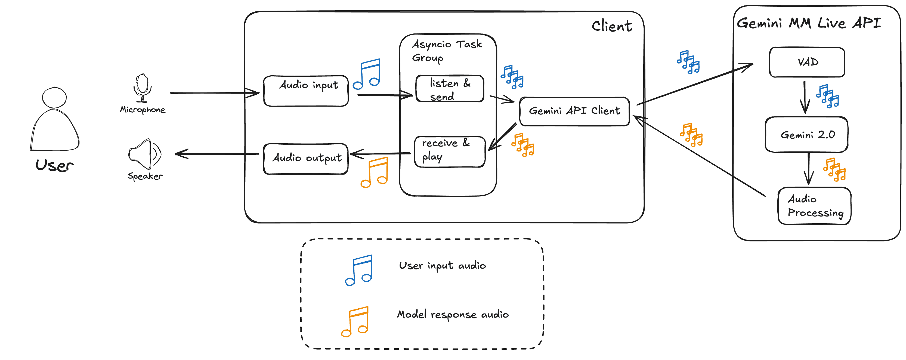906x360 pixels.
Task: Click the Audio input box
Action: pyautogui.click(x=306, y=91)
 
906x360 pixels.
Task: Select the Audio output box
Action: pyautogui.click(x=306, y=159)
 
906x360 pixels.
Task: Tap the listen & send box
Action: pyautogui.click(x=450, y=89)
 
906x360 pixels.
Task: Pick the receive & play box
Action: pyautogui.click(x=450, y=151)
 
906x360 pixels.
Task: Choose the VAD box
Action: pyautogui.click(x=807, y=62)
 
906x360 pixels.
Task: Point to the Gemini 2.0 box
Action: pyautogui.click(x=806, y=135)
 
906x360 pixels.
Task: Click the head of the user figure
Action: pyautogui.click(x=54, y=97)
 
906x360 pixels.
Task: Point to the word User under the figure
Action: pyautogui.click(x=54, y=165)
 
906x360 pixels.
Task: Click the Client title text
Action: pyautogui.click(x=612, y=26)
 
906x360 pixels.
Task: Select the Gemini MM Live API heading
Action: pyautogui.click(x=809, y=23)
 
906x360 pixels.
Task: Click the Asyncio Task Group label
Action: pyautogui.click(x=446, y=51)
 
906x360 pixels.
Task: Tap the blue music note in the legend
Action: pyautogui.click(x=359, y=270)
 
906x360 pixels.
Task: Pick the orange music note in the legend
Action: pyautogui.click(x=355, y=321)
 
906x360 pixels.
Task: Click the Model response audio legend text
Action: pyautogui.click(x=453, y=314)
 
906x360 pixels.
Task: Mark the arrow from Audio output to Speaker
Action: pyautogui.click(x=217, y=154)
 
